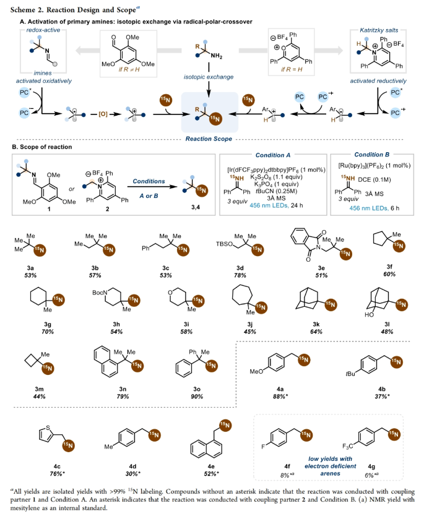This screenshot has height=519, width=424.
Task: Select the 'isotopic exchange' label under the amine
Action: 212,77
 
